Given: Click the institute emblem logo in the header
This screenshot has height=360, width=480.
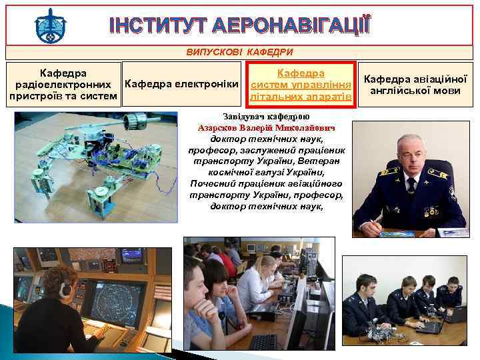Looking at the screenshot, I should pos(50,25).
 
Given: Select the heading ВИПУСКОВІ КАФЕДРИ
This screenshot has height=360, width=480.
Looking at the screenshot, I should pos(240,52).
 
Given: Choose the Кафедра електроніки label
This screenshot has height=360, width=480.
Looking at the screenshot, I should pos(182,84).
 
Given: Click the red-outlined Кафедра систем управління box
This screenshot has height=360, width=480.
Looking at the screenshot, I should pos(300,85).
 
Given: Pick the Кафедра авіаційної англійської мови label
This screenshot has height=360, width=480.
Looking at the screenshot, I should pos(415,85).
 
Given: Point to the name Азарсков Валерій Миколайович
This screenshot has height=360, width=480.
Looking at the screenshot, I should pos(266,127).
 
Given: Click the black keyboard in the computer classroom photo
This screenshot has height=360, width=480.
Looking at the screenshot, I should pos(263,341).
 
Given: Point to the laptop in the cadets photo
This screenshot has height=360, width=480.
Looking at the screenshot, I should pos(430,326).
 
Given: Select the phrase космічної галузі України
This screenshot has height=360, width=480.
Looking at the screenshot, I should pos(266,173).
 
